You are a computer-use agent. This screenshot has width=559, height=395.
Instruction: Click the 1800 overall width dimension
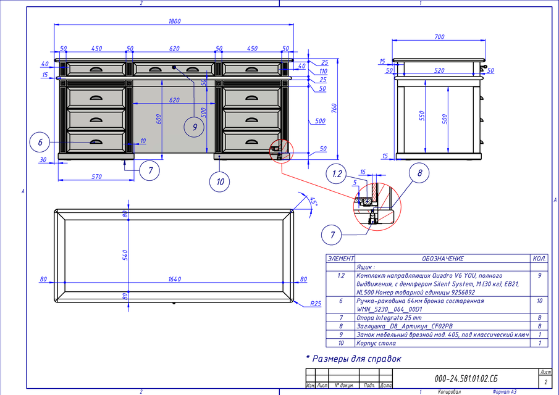pyautogui.click(x=174, y=22)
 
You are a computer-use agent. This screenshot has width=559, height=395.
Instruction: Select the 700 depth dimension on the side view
pyautogui.click(x=439, y=37)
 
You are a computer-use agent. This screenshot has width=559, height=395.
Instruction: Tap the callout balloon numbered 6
pyautogui.click(x=40, y=142)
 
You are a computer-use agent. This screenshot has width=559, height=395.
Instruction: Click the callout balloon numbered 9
pyautogui.click(x=194, y=127)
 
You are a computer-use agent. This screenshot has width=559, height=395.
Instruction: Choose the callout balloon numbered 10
pyautogui.click(x=220, y=181)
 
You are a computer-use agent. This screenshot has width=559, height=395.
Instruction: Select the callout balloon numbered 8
pyautogui.click(x=419, y=173)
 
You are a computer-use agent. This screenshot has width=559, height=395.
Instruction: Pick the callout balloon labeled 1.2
pyautogui.click(x=337, y=175)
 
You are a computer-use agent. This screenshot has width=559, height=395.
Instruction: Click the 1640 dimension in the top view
pyautogui.click(x=175, y=280)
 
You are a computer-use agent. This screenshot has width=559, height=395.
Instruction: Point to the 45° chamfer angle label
pyautogui.click(x=313, y=202)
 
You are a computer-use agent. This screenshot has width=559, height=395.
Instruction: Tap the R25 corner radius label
pyautogui.click(x=316, y=304)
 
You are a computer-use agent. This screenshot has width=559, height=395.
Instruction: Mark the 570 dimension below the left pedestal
pyautogui.click(x=96, y=177)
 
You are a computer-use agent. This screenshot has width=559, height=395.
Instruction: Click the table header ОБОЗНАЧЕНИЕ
pyautogui.click(x=442, y=259)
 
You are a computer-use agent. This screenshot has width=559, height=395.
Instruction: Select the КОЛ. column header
pyautogui.click(x=539, y=259)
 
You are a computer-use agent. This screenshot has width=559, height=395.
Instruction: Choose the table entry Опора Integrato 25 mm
pyautogui.click(x=389, y=316)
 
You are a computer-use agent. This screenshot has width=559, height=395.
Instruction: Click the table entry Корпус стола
pyautogui.click(x=377, y=343)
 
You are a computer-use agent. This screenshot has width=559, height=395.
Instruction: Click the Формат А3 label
pyautogui.click(x=504, y=391)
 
